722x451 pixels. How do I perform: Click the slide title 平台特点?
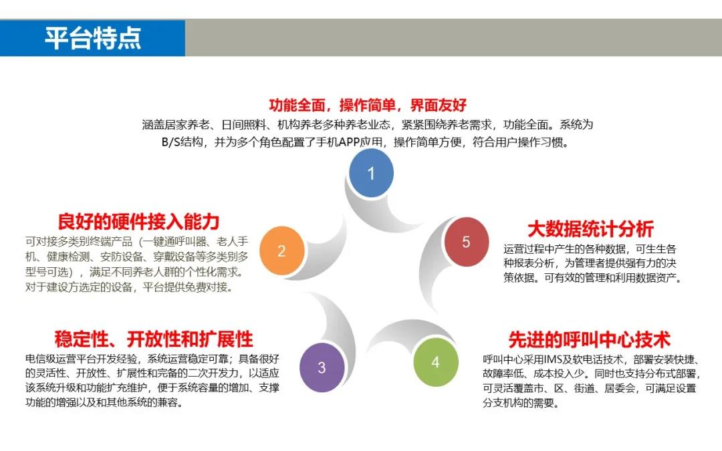coord(92,37)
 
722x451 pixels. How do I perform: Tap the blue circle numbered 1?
coord(371,173)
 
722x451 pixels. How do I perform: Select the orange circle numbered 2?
coord(282,251)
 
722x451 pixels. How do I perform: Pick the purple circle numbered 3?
coord(322,367)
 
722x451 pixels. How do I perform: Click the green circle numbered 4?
coord(436,362)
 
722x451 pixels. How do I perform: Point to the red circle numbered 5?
coord(467,242)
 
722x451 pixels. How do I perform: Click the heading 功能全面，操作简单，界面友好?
coord(368,105)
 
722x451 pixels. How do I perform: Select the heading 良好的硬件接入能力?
coord(138,222)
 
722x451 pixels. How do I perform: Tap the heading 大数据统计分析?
coord(590,229)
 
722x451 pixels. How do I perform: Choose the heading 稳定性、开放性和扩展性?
coord(154,339)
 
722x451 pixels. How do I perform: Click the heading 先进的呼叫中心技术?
coord(590,340)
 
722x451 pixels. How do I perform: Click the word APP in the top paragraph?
coord(349,142)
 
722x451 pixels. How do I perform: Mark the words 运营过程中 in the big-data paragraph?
coord(529,249)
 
